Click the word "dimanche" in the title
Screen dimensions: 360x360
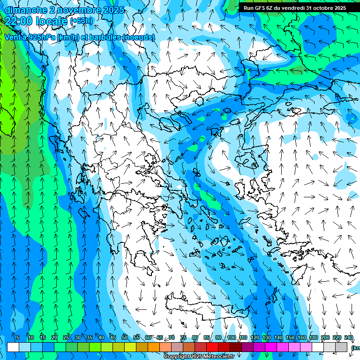(x=22, y=9)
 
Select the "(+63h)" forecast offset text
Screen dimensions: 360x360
(x=81, y=21)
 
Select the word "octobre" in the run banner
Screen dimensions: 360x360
(x=319, y=8)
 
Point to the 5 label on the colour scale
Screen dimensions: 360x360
(x=18, y=338)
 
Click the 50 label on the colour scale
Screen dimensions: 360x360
(x=125, y=338)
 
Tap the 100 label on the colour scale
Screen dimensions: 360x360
(x=231, y=338)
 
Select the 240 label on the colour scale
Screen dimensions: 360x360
(x=349, y=338)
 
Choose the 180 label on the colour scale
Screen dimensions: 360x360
(x=314, y=338)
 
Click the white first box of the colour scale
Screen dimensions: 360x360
(x=13, y=347)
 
